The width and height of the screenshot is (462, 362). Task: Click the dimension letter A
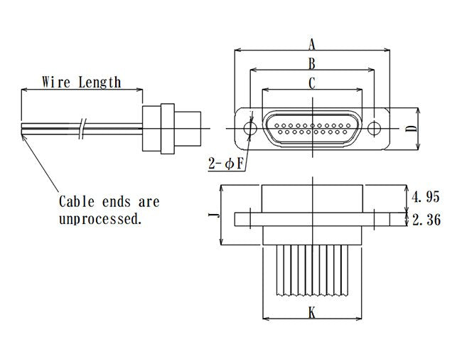click(x=312, y=44)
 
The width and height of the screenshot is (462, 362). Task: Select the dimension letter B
click(x=311, y=63)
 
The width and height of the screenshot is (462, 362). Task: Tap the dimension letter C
click(x=312, y=83)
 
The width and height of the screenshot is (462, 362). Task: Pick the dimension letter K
click(x=312, y=312)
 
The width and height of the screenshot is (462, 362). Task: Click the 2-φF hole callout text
click(x=226, y=164)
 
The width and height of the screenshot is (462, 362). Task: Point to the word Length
click(x=100, y=82)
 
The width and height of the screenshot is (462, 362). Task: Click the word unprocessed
click(x=100, y=219)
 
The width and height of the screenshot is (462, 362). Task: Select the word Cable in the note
click(x=77, y=202)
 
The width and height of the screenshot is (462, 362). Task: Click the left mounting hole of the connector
click(x=249, y=129)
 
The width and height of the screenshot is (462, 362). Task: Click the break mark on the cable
click(x=84, y=128)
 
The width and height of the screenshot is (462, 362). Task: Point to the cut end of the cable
click(x=23, y=128)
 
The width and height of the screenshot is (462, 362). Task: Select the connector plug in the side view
click(x=171, y=128)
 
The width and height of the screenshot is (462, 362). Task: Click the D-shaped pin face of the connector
click(x=312, y=129)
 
